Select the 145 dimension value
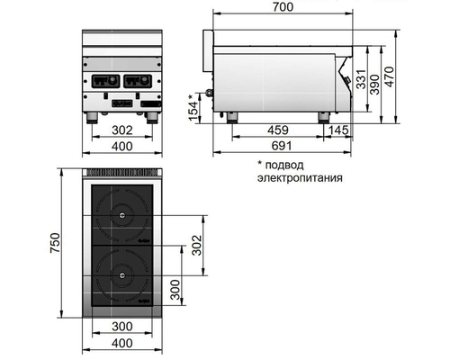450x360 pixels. (341, 131)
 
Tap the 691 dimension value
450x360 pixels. (280, 146)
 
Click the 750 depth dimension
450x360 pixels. (54, 244)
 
